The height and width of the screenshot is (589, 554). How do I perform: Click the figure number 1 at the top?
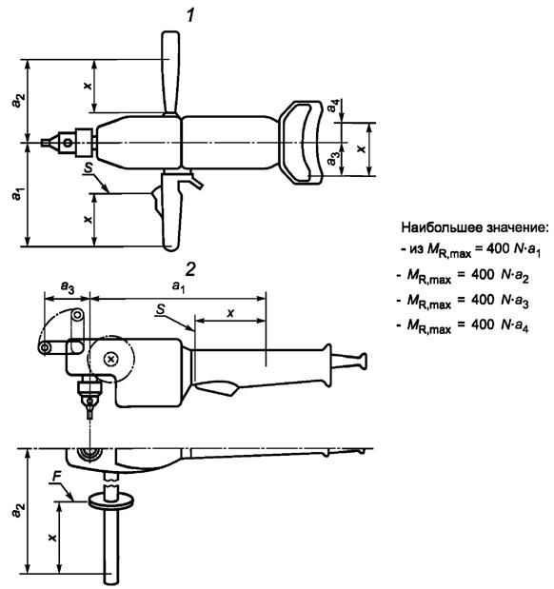point(191,15)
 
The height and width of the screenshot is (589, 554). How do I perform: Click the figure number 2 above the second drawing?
point(190,269)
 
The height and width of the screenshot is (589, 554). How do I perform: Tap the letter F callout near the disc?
point(56,477)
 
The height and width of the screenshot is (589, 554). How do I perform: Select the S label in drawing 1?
point(89,167)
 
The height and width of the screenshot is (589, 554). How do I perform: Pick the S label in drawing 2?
point(161,309)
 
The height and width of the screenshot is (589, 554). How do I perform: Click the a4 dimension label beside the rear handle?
point(333,106)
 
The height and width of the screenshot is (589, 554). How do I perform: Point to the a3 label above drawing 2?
point(68,287)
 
